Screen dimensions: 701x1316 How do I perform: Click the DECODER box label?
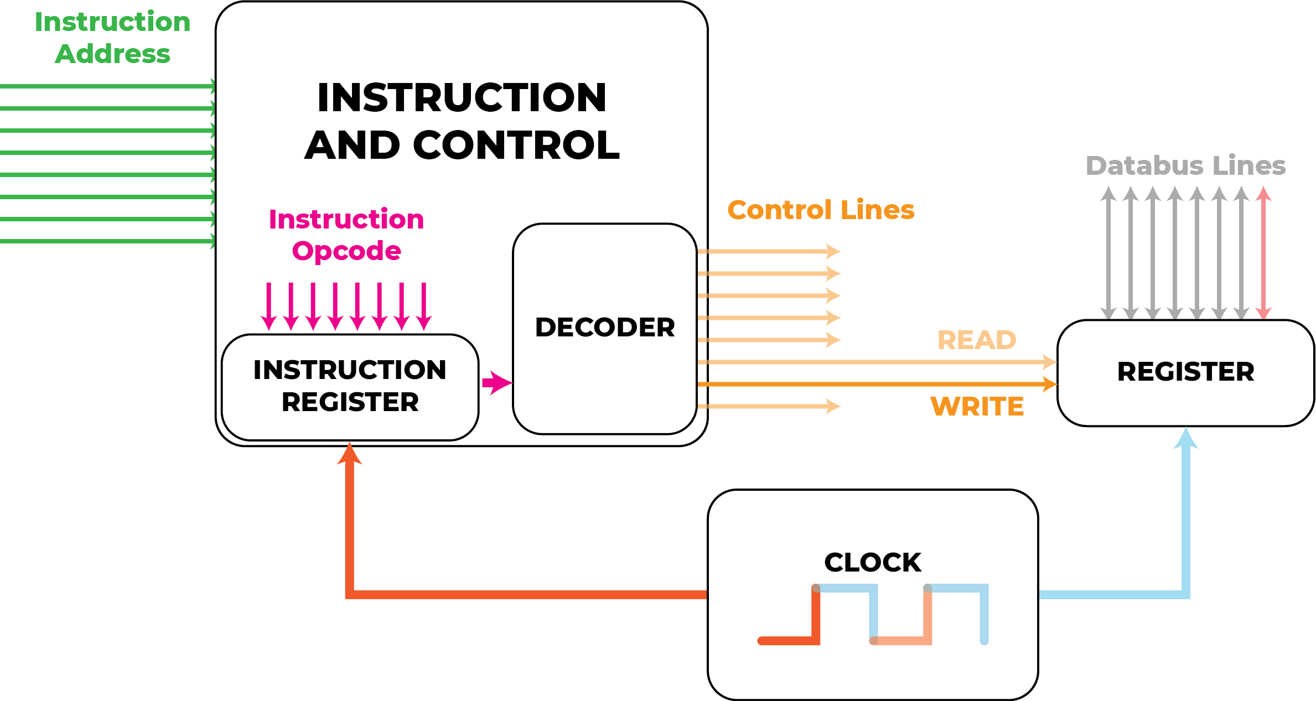tap(605, 327)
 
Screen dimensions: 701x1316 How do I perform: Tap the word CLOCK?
tap(873, 563)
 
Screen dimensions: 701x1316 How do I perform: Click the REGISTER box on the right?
tap(1185, 372)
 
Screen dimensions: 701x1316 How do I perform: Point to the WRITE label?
tap(977, 407)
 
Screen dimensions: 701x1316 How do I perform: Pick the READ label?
tap(977, 340)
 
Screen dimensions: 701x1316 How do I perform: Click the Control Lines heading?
tap(821, 210)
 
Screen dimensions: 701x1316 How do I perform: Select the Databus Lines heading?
tap(1185, 165)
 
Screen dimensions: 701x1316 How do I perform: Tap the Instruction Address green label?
tap(112, 38)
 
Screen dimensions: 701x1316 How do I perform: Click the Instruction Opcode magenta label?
tap(346, 235)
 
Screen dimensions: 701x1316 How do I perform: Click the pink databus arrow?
tap(1263, 253)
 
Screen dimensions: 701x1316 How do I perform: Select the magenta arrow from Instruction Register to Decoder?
tap(496, 383)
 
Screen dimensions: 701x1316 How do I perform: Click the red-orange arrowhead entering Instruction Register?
tap(350, 454)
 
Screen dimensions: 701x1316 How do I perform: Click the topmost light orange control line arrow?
tap(769, 251)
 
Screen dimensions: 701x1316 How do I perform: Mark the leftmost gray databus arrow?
tap(1108, 253)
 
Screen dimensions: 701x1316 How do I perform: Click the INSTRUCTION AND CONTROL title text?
tap(462, 121)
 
